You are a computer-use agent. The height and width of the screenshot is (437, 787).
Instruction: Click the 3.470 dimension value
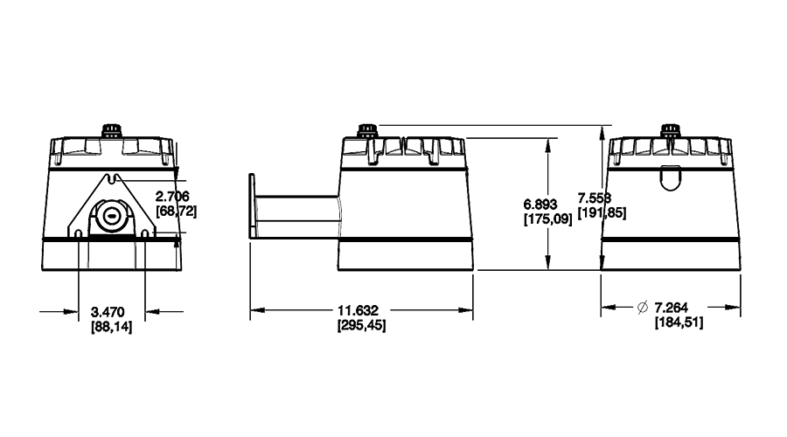point(111,310)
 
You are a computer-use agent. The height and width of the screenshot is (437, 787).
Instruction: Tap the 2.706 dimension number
point(172,196)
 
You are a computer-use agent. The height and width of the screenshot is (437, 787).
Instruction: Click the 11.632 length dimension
point(361,310)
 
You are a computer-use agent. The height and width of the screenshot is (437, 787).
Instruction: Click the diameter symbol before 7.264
point(643,307)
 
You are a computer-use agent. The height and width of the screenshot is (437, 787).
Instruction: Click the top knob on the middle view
point(366,130)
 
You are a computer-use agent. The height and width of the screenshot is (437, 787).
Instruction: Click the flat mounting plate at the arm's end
point(252,206)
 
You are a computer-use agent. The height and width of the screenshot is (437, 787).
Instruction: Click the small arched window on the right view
point(669,177)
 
